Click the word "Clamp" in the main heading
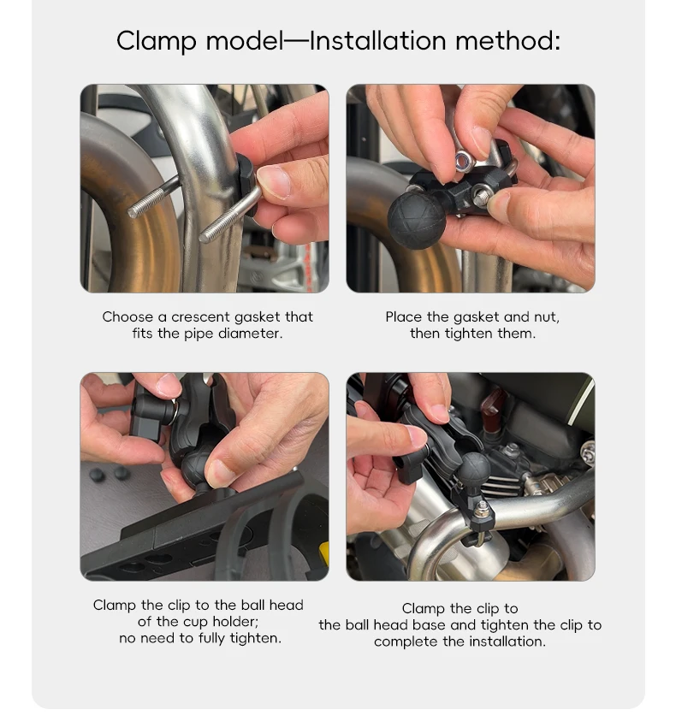(x=157, y=41)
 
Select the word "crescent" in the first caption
(x=200, y=316)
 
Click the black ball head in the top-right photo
(x=417, y=220)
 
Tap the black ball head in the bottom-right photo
(x=474, y=468)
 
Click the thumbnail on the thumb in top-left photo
(x=273, y=181)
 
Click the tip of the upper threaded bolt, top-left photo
(x=133, y=212)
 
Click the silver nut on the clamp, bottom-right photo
(x=482, y=508)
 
